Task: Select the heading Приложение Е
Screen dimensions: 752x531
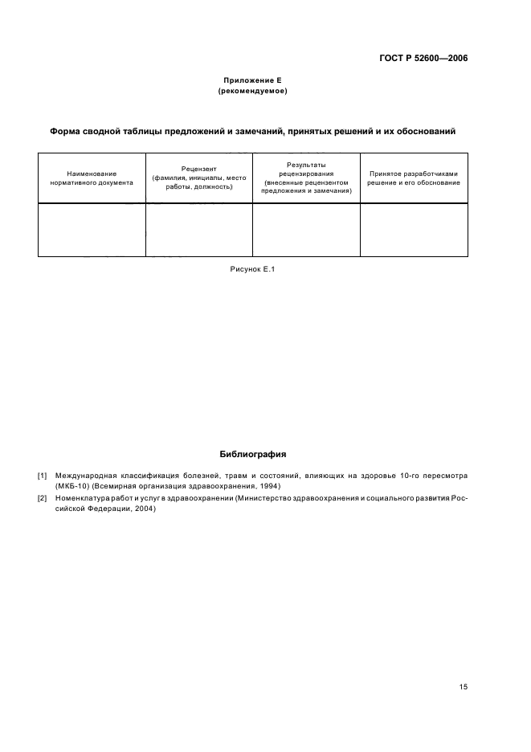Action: [252, 81]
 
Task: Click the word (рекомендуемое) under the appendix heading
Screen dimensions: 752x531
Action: [252, 92]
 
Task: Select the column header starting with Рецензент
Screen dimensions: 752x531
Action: [198, 178]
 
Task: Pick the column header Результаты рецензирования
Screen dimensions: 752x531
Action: [306, 178]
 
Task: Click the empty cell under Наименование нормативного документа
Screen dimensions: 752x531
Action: [92, 230]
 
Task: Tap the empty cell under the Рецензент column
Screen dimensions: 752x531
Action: [198, 230]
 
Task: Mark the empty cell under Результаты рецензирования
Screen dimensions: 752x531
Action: [306, 230]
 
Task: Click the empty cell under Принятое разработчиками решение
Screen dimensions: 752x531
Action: [413, 230]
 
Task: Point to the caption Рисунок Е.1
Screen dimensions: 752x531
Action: [252, 270]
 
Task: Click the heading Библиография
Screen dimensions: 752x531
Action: [252, 455]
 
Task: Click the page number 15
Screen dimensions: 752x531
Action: [464, 687]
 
